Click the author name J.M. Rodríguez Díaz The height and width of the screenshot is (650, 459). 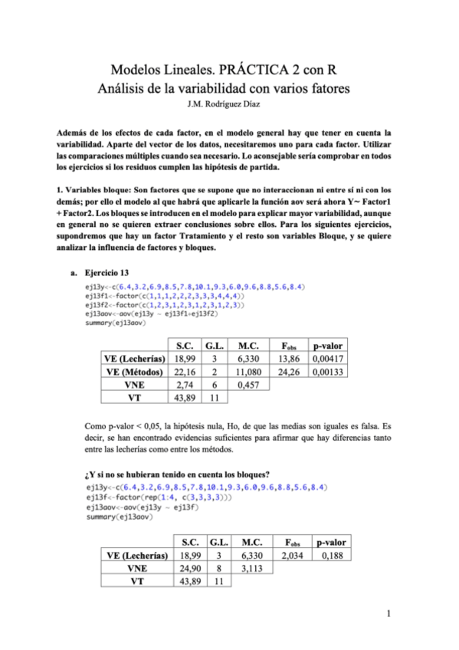coord(229,103)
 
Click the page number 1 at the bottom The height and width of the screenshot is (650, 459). coord(389,612)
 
